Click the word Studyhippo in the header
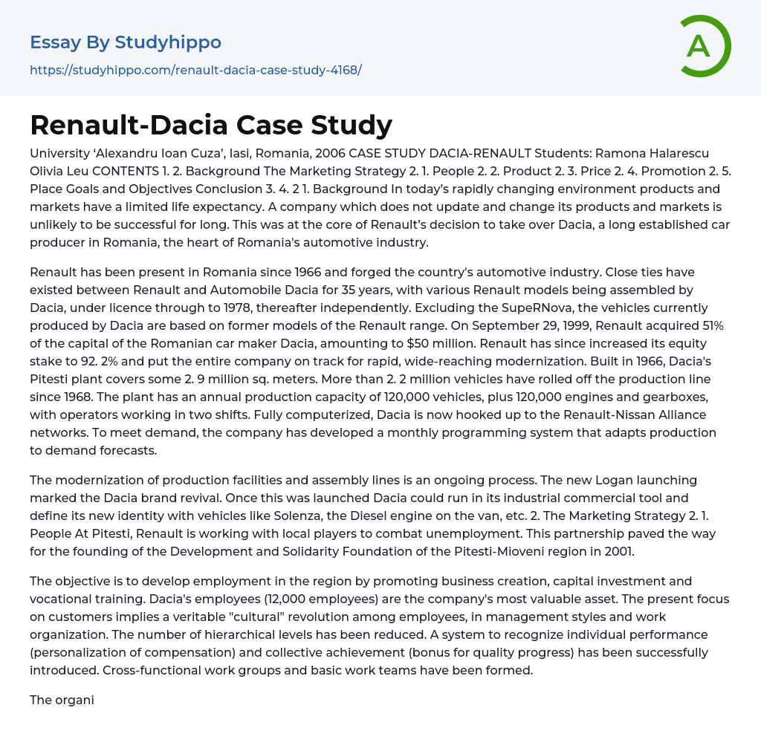point(168,42)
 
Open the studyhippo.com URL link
point(195,70)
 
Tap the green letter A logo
point(699,46)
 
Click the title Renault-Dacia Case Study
point(211,125)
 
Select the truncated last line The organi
point(62,700)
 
